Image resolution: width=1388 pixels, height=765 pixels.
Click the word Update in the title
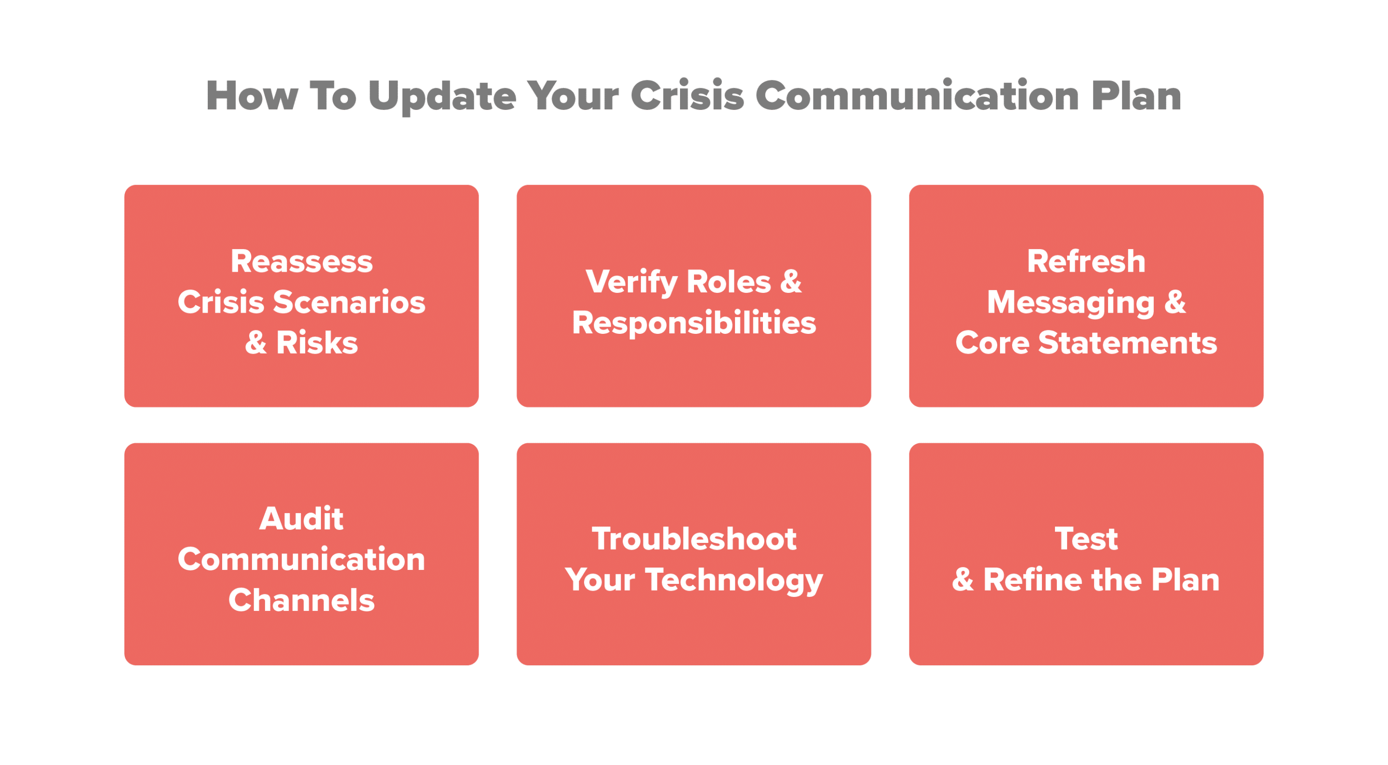[442, 96]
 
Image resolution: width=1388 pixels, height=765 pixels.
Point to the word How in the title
[252, 95]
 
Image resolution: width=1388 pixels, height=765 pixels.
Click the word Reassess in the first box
[302, 261]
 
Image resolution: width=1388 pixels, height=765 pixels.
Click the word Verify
[631, 282]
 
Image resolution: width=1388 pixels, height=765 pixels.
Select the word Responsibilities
[694, 323]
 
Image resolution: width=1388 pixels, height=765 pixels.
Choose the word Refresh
[1086, 261]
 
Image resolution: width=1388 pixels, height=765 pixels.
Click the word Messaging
[1070, 303]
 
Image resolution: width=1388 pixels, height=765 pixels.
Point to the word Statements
[1127, 343]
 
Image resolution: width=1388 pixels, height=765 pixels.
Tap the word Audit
[301, 519]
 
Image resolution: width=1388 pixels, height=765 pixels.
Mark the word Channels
[301, 600]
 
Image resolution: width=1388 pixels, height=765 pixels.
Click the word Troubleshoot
[694, 539]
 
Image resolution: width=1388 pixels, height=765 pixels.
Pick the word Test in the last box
[1086, 539]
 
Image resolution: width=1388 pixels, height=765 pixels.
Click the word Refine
[1033, 580]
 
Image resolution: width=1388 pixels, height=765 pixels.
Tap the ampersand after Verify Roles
[791, 281]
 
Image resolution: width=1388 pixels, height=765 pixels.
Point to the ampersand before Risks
[256, 343]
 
